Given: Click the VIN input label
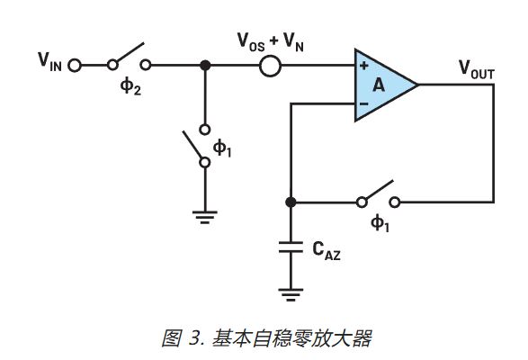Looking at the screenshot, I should pos(49,64).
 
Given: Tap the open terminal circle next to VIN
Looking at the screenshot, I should pos(75,65).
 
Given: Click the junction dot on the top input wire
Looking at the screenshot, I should pos(205,65).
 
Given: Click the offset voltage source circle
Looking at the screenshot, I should pos(270,65).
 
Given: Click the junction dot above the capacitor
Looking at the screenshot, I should pos(291,202).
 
